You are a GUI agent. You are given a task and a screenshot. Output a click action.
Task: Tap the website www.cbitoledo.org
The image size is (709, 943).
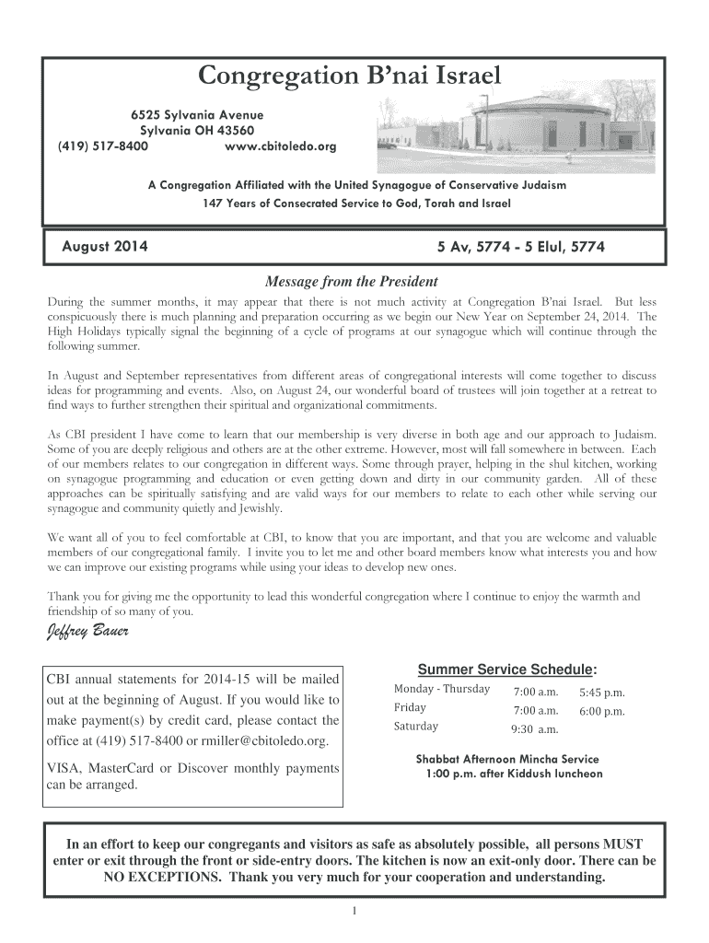point(281,146)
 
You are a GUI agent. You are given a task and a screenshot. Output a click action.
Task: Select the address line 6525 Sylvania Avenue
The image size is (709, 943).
point(196,115)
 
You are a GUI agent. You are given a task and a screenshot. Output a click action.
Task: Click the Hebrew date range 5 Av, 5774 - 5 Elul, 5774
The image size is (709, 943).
point(521,247)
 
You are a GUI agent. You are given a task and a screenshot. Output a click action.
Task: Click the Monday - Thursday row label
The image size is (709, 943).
point(441,690)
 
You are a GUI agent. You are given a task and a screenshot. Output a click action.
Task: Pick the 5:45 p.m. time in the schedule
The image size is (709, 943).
point(601,692)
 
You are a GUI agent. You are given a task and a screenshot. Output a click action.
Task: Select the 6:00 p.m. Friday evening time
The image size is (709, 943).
point(601,711)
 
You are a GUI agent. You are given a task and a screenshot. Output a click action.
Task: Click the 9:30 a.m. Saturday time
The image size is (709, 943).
point(535,729)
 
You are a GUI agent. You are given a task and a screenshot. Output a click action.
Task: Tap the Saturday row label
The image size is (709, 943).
point(416,727)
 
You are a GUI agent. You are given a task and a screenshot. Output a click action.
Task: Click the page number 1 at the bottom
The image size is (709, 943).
point(354,912)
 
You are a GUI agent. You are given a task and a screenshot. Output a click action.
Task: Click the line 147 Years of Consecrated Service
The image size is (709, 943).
point(355,203)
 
